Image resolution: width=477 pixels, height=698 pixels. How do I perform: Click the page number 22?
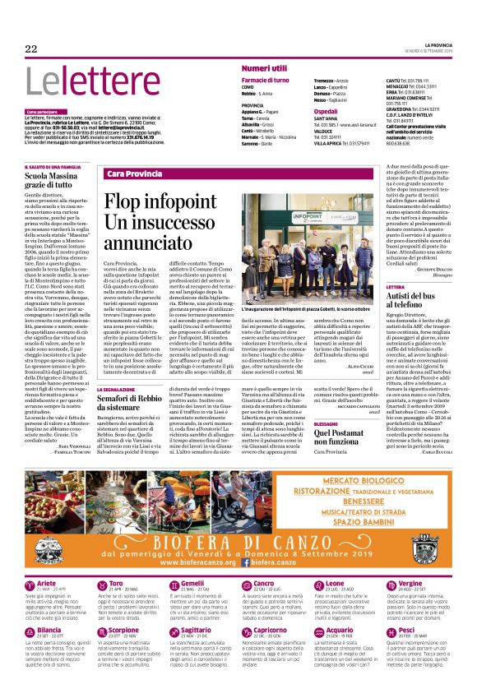point(31,49)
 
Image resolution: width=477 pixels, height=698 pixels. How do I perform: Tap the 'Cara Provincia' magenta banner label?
point(134,175)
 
